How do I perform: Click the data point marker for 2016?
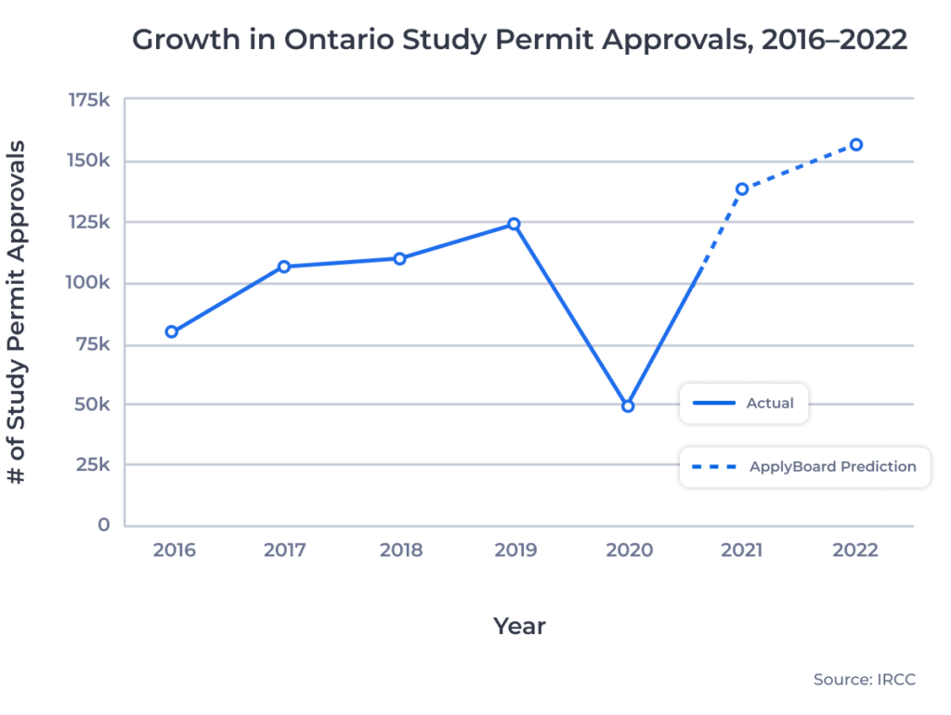point(172,331)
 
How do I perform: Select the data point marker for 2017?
point(284,266)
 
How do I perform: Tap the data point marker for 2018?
point(399,258)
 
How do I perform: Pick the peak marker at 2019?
point(514,224)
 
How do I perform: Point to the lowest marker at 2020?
point(628,406)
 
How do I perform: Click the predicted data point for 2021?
point(742,189)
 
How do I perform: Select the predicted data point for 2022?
point(856,145)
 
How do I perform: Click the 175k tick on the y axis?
point(89,100)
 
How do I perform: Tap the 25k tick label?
point(93,464)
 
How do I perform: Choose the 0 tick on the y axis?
point(104,525)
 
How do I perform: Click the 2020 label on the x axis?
point(629,550)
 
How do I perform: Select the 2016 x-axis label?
point(174,550)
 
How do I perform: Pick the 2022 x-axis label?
point(855,550)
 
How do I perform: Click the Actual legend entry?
point(744,403)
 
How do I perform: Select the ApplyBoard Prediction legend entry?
point(804,466)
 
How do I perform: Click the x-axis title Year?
point(519,626)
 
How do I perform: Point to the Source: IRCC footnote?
point(864,680)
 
